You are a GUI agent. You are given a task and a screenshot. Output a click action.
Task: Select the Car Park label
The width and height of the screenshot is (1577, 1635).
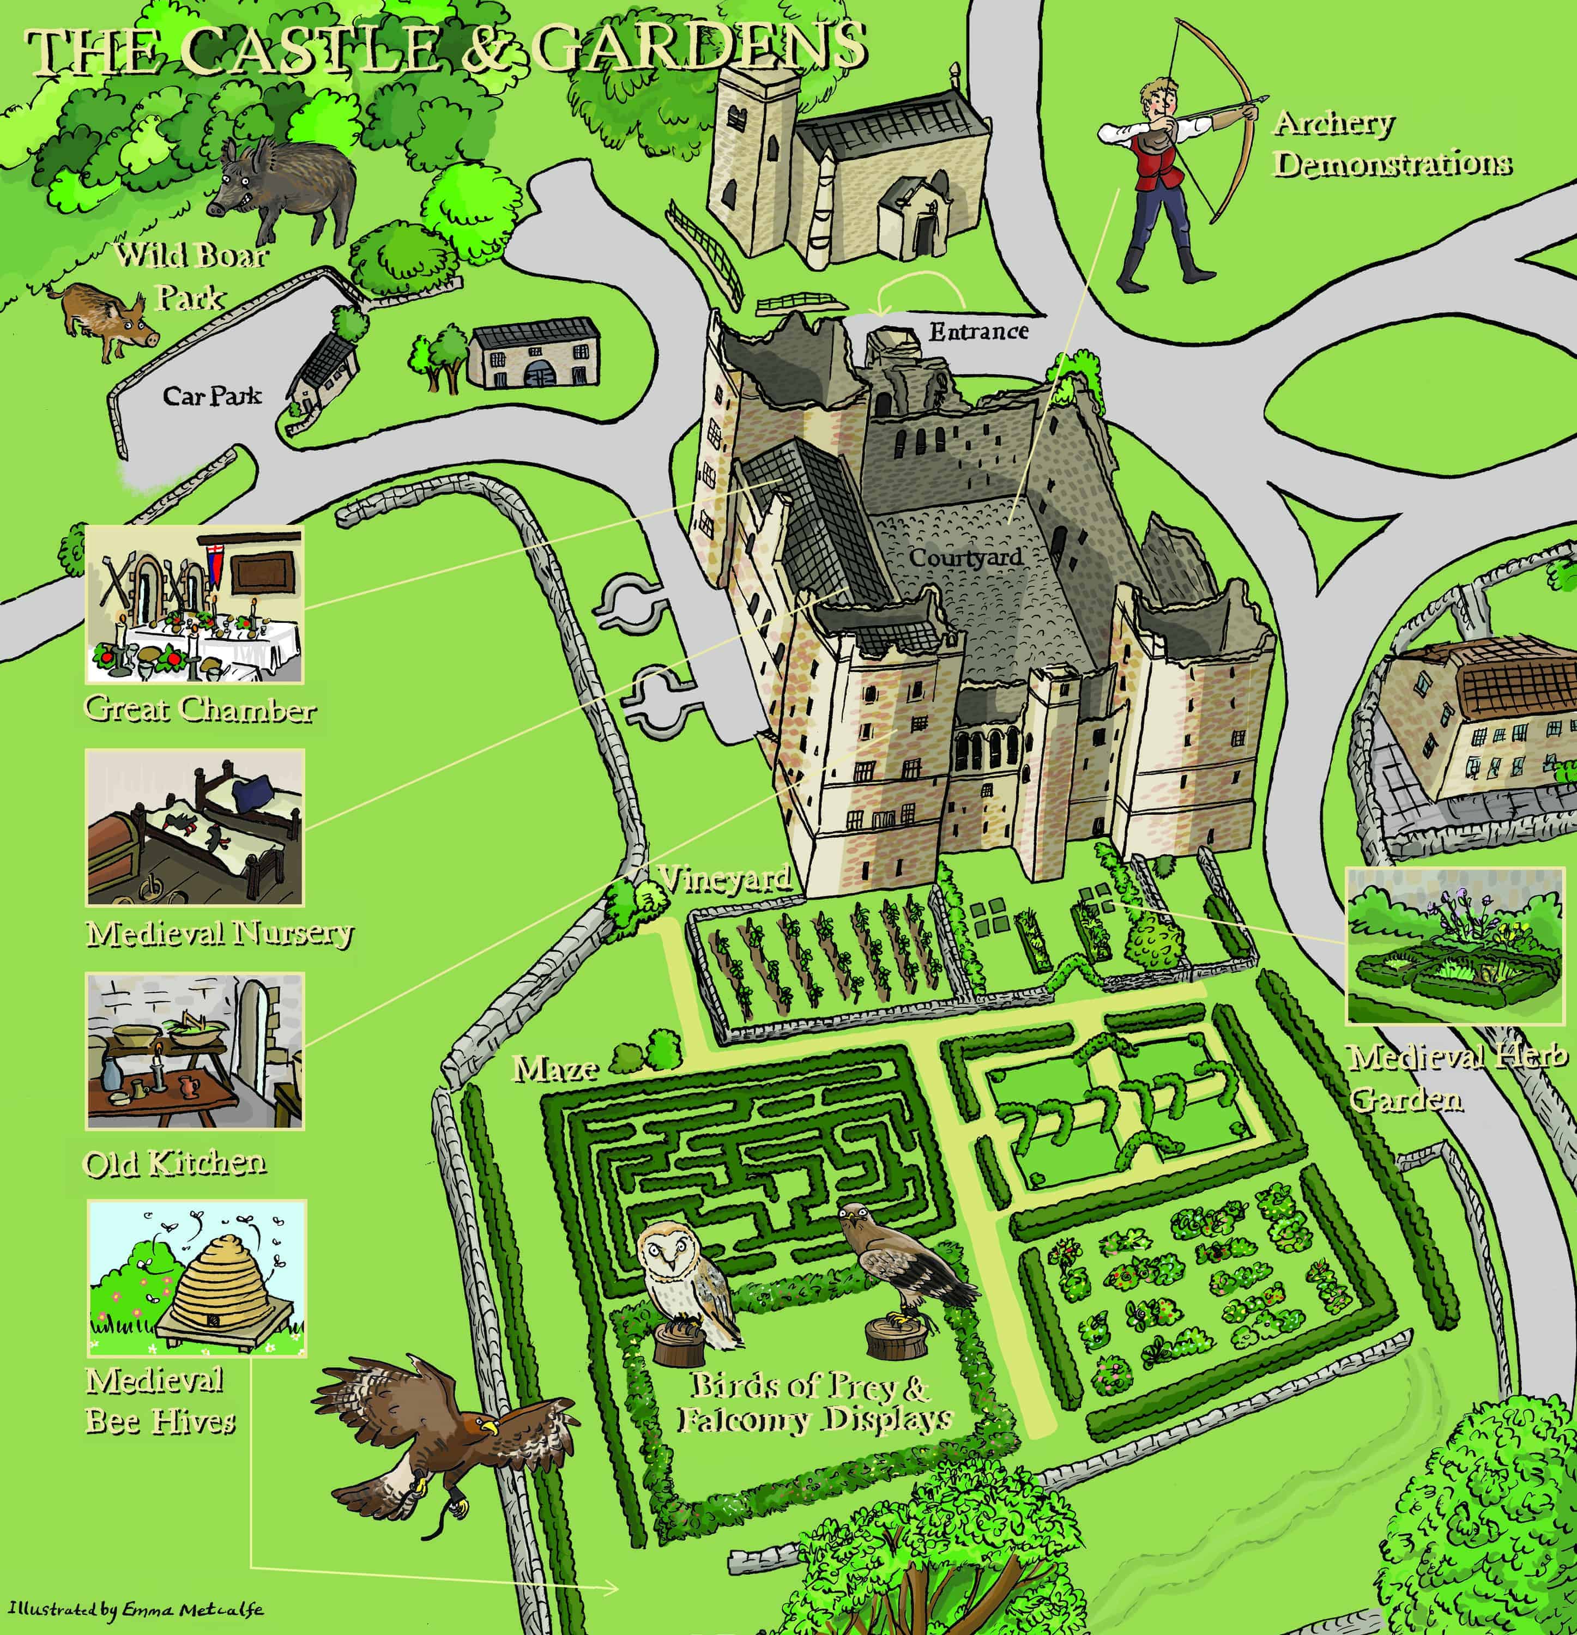click(211, 396)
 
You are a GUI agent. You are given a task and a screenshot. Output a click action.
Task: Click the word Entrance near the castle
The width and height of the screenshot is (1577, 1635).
click(978, 332)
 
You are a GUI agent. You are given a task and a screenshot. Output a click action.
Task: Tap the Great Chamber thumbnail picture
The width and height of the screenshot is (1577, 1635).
click(195, 603)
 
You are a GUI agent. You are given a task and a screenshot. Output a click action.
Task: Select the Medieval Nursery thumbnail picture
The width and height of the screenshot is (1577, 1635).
click(195, 827)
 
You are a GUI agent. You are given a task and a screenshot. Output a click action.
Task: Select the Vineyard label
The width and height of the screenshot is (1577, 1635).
click(723, 879)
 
